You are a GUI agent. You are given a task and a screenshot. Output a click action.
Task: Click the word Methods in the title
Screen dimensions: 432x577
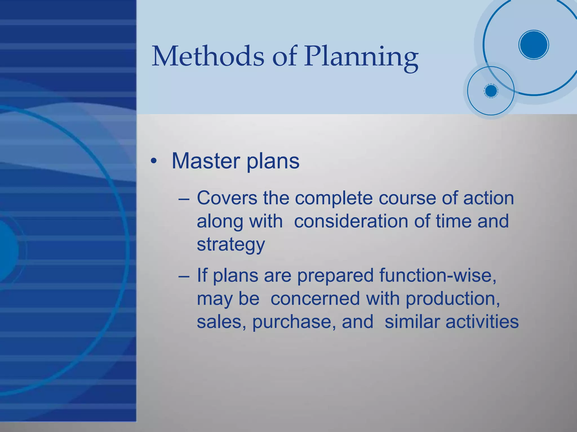pyautogui.click(x=208, y=56)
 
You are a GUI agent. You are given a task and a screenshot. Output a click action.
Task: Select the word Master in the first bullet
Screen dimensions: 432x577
pyautogui.click(x=206, y=161)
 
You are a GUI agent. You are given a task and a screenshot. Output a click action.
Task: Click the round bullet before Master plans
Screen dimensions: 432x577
pyautogui.click(x=153, y=162)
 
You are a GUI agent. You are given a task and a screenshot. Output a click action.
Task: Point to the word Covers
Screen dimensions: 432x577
pyautogui.click(x=227, y=198)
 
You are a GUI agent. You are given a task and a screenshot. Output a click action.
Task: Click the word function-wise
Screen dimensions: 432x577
pyautogui.click(x=438, y=275)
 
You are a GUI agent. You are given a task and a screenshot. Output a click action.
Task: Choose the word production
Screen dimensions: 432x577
pyautogui.click(x=453, y=299)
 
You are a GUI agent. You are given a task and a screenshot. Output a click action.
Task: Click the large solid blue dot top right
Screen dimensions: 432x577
pyautogui.click(x=534, y=45)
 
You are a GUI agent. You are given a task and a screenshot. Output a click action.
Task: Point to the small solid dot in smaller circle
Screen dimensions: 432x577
pyautogui.click(x=491, y=91)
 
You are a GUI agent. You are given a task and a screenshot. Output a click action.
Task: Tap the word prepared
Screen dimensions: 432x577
pyautogui.click(x=335, y=276)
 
